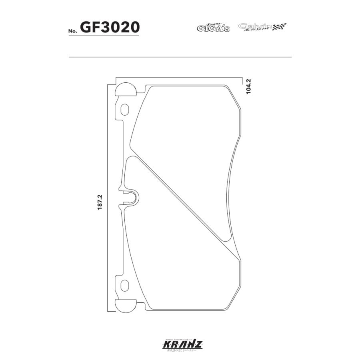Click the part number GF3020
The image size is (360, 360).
coord(110,27)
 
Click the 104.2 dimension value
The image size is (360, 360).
coord(248,86)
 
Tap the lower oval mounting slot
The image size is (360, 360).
coord(125,286)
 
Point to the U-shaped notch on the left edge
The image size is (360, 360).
coord(132,197)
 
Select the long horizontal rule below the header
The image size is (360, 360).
coord(180,57)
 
